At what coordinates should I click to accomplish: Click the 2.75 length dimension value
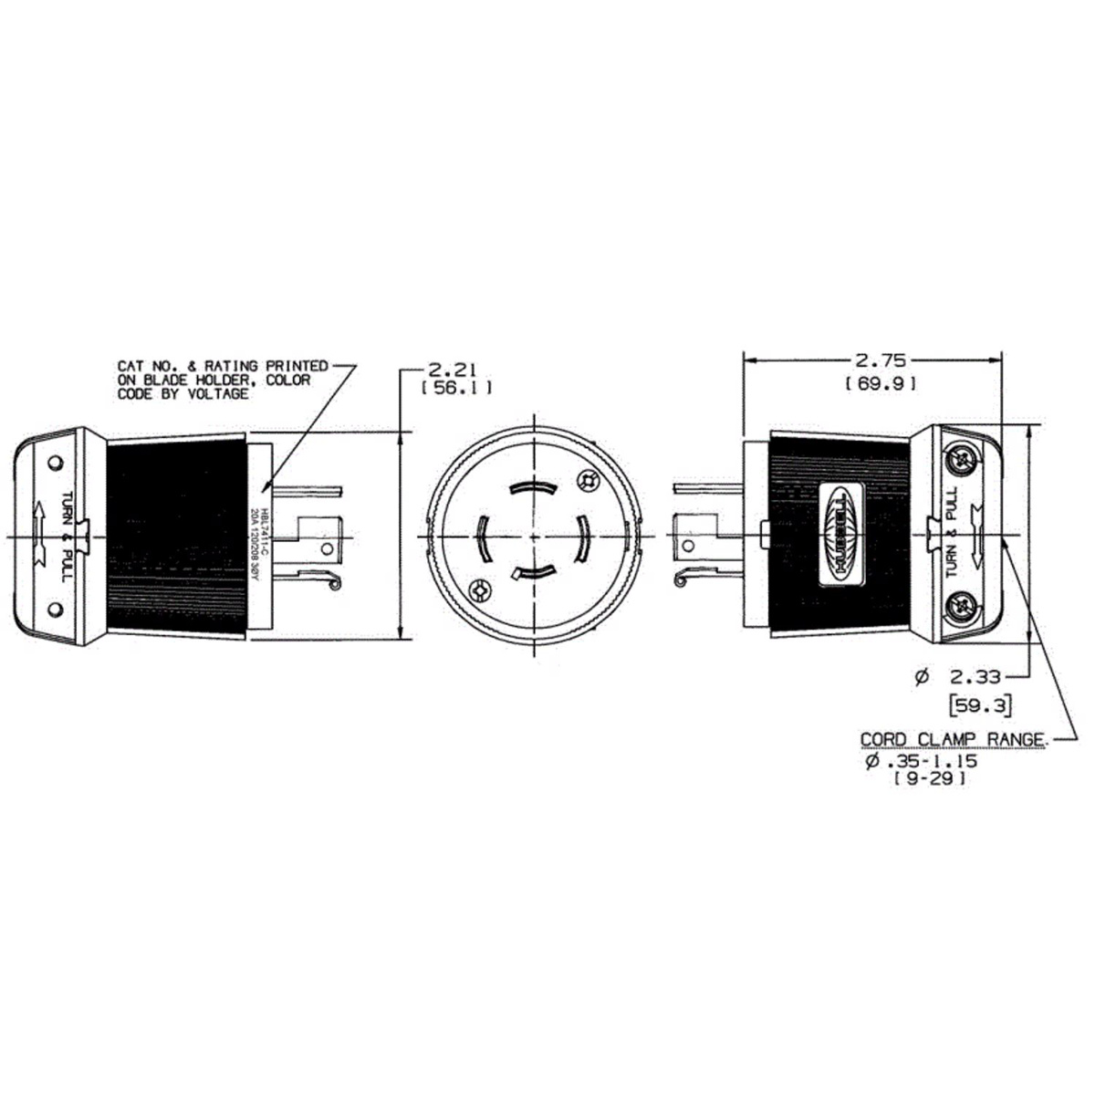click(x=874, y=360)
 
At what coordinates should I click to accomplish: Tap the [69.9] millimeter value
click(x=881, y=384)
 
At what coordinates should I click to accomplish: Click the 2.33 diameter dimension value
click(x=974, y=676)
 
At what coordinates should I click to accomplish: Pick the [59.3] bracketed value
click(x=979, y=704)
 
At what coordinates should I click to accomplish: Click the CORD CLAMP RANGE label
click(x=953, y=739)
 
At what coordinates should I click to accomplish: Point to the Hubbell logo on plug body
click(x=842, y=533)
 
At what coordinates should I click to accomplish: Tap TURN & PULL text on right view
click(x=951, y=532)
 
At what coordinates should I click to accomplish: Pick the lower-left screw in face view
click(x=478, y=592)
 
